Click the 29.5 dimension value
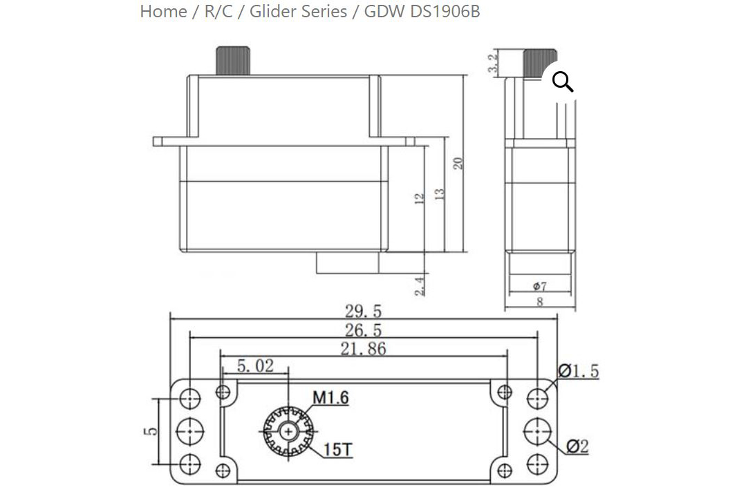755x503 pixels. [363, 312]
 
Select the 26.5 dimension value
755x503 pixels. [363, 330]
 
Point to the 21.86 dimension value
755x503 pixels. [364, 348]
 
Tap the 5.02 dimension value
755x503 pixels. [255, 366]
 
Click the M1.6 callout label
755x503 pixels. [330, 397]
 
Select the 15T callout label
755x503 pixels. [338, 450]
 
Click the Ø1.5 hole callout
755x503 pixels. [578, 370]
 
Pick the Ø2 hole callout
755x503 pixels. [577, 446]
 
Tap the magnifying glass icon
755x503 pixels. [562, 82]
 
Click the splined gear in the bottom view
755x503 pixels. [288, 432]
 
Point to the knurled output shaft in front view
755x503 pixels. [233, 61]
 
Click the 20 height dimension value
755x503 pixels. [458, 163]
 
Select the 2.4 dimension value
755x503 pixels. [420, 286]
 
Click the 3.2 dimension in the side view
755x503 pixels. [492, 63]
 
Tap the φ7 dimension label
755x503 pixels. [540, 287]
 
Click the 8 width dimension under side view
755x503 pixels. [540, 302]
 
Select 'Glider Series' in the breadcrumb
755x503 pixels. [298, 11]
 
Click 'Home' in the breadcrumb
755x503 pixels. [163, 11]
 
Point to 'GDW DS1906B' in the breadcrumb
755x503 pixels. [422, 11]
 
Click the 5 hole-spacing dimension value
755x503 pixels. [151, 431]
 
